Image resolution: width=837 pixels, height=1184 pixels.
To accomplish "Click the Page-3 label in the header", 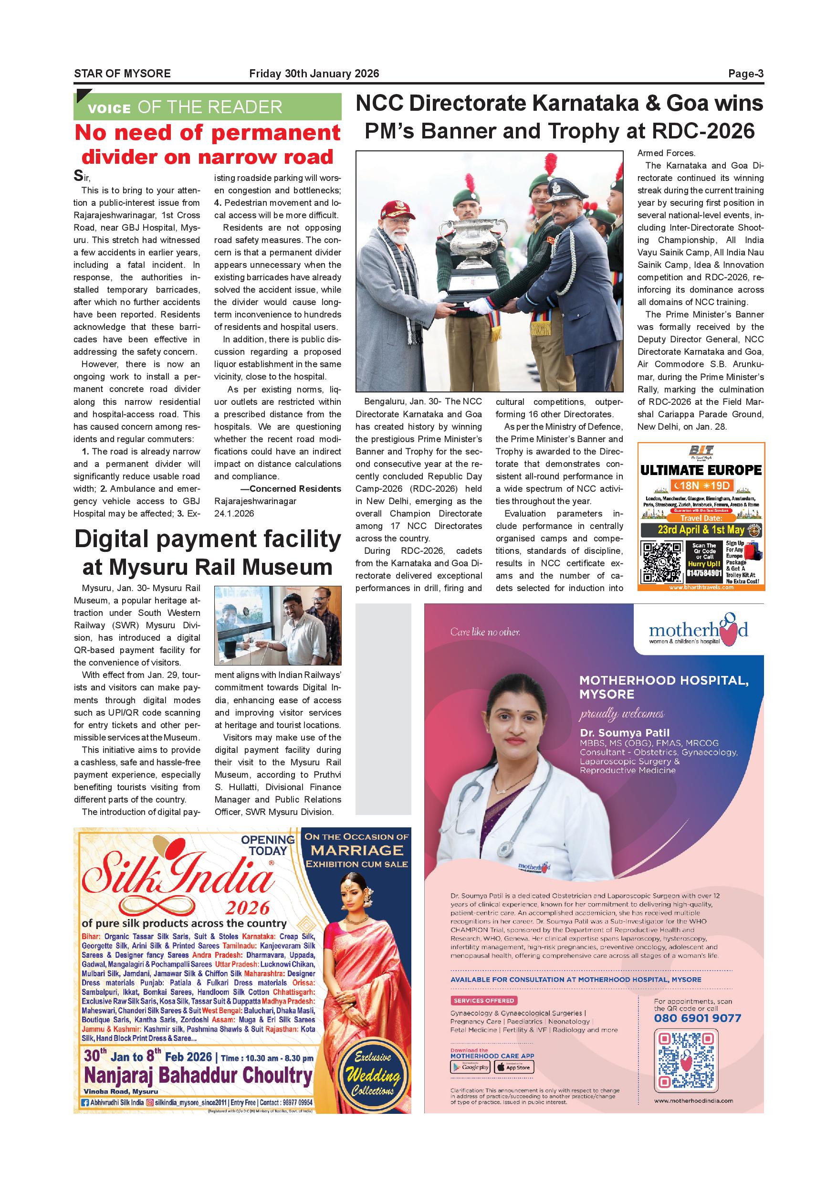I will point(745,74).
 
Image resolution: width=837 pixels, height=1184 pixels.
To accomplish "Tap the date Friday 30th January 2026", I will point(314,74).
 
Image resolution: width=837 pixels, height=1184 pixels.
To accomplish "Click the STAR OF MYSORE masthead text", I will point(122,74).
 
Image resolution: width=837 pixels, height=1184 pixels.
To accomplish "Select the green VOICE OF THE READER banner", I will point(207,107).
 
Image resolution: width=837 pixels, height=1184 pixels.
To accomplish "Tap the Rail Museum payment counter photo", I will point(278,625).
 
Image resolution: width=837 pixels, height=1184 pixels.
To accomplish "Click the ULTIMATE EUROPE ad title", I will point(701,470).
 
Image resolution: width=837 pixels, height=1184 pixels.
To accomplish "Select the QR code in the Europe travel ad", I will point(661,562).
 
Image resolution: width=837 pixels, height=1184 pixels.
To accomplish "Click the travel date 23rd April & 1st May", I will point(701,529).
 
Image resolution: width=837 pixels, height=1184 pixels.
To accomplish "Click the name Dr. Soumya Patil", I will point(624,733).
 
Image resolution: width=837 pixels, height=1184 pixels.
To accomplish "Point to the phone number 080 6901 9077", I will point(697,1018).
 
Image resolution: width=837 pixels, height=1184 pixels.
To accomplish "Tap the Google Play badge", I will point(470,1067).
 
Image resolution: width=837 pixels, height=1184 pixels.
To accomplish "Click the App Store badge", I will point(514,1067).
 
